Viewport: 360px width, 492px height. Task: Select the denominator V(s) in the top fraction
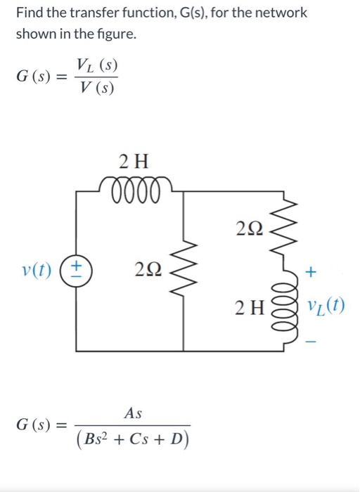click(95, 89)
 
